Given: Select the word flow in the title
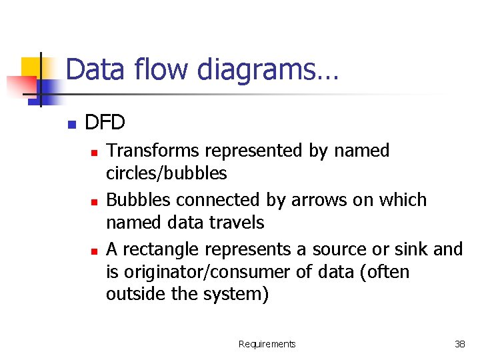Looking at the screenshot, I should [x=152, y=70].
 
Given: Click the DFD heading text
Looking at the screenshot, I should [x=105, y=123].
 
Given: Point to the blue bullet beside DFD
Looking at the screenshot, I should [x=72, y=124].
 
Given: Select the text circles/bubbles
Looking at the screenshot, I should [x=166, y=174].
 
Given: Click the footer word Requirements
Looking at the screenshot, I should [x=267, y=344].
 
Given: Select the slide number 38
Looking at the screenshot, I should [x=459, y=344].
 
